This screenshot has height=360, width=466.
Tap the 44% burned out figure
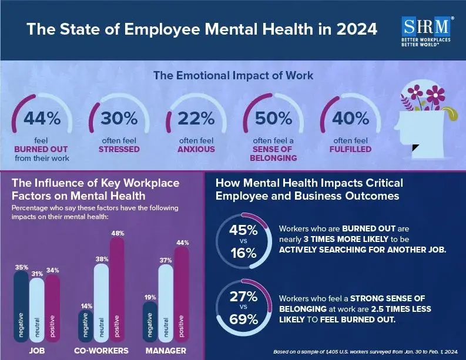(x=42, y=118)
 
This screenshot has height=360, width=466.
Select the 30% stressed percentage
(x=119, y=118)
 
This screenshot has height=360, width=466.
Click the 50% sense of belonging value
(x=273, y=118)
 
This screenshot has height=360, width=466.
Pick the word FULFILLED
(x=350, y=149)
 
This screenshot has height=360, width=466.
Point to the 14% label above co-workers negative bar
(x=86, y=306)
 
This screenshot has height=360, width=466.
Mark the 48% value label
(x=118, y=234)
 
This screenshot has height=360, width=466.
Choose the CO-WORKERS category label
(x=101, y=350)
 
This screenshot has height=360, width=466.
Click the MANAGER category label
(x=166, y=350)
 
